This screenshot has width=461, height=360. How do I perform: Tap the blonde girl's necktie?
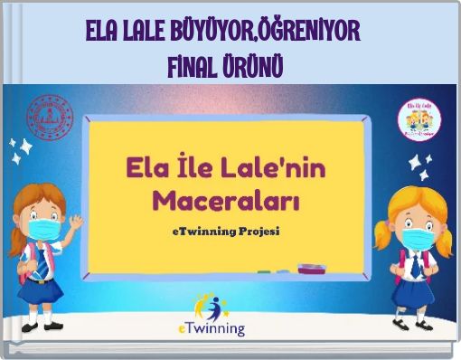tap(415, 264)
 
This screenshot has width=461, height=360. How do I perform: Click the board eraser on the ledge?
tap(311, 269)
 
